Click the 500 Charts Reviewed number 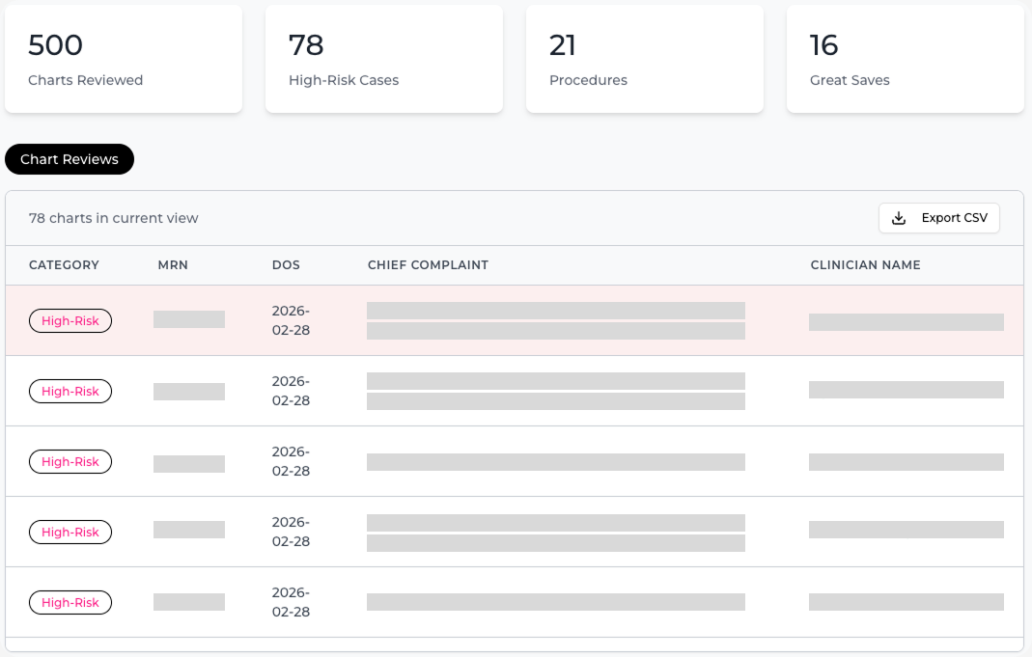click(x=56, y=45)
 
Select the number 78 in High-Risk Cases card click(x=306, y=45)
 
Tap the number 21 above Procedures click(x=563, y=45)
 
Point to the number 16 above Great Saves click(x=823, y=45)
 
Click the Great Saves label click(x=850, y=81)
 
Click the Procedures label click(x=588, y=81)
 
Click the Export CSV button click(x=938, y=218)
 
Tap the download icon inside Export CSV click(x=899, y=218)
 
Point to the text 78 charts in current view click(x=114, y=219)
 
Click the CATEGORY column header click(x=64, y=265)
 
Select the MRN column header click(x=173, y=265)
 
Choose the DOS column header click(x=286, y=265)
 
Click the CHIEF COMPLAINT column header click(x=428, y=265)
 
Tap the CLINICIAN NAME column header click(x=865, y=265)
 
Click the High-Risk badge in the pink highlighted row click(x=70, y=321)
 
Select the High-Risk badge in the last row click(x=70, y=603)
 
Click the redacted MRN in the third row click(x=189, y=463)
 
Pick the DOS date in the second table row click(x=291, y=391)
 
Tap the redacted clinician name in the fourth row click(x=906, y=530)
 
